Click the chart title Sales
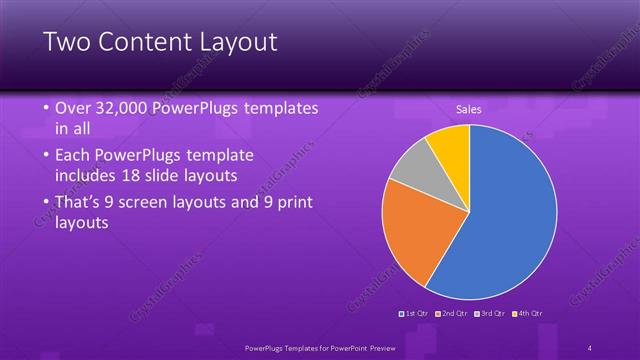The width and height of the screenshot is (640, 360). [x=469, y=108]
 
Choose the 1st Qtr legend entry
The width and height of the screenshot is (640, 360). [x=415, y=314]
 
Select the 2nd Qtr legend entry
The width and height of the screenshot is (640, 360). [x=452, y=314]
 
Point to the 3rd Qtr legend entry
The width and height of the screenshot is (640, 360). [x=489, y=314]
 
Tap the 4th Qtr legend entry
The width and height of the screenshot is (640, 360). [x=527, y=314]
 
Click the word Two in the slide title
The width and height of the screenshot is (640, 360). [x=67, y=42]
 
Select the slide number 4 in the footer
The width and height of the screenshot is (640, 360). [x=590, y=347]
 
